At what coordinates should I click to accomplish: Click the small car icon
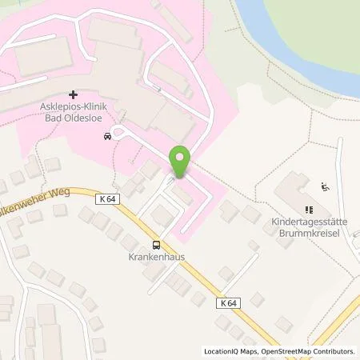tap(106, 136)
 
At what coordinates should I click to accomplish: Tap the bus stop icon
tap(157, 246)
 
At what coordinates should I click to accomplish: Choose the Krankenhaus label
tap(157, 259)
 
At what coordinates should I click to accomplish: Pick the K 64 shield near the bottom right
tap(228, 302)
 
